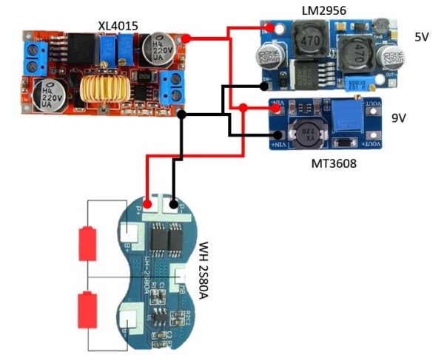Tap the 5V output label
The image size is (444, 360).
click(423, 38)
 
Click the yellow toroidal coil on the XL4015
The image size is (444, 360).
click(110, 86)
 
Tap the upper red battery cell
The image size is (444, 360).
click(87, 241)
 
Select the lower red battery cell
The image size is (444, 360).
click(87, 306)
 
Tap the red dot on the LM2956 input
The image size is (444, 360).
click(272, 29)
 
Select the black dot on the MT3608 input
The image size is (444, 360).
click(276, 135)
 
